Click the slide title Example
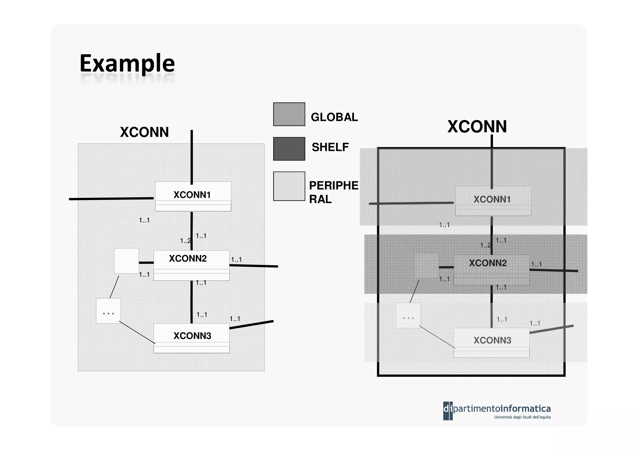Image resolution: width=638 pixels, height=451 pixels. click(127, 63)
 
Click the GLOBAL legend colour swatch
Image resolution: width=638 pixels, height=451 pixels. click(289, 114)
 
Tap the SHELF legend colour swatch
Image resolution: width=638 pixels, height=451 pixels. click(289, 149)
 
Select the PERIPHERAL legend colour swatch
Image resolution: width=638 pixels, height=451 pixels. click(289, 186)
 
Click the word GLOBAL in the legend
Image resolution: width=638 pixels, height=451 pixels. click(334, 117)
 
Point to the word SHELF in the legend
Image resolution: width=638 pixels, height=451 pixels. click(330, 147)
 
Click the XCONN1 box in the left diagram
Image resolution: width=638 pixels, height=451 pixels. click(193, 196)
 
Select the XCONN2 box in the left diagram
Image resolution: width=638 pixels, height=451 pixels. click(191, 265)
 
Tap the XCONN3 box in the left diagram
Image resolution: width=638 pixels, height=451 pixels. click(191, 338)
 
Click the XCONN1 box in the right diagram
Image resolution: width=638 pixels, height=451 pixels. click(493, 201)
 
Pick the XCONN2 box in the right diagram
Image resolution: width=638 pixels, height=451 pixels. click(491, 270)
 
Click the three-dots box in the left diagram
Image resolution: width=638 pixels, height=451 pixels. click(108, 311)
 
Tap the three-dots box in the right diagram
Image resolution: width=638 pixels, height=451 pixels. click(408, 315)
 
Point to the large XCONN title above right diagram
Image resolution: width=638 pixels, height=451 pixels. click(477, 127)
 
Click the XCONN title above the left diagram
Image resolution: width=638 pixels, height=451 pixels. click(144, 132)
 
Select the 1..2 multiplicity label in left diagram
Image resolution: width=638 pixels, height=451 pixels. click(185, 241)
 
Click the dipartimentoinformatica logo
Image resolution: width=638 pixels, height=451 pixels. click(497, 410)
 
